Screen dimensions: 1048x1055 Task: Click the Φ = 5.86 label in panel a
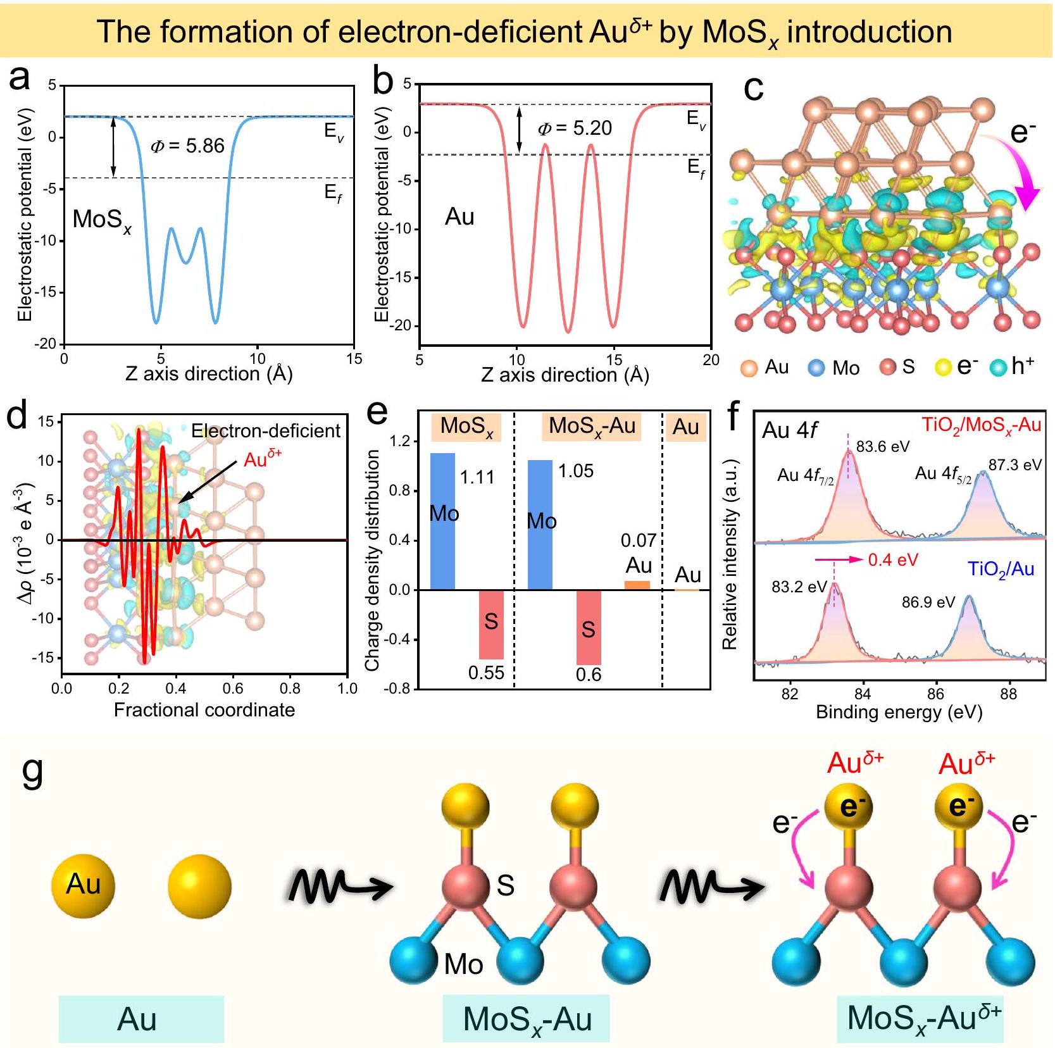pyautogui.click(x=187, y=146)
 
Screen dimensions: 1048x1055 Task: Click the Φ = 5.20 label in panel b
pyautogui.click(x=575, y=128)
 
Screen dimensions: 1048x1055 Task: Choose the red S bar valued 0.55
pyautogui.click(x=491, y=625)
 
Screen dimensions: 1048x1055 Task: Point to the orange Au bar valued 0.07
pyautogui.click(x=637, y=585)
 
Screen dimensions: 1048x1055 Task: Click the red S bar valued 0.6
pyautogui.click(x=589, y=627)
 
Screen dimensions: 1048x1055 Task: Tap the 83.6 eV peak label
pyautogui.click(x=882, y=447)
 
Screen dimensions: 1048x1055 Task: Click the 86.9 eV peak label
pyautogui.click(x=928, y=602)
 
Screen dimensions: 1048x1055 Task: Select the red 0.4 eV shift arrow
pyautogui.click(x=839, y=560)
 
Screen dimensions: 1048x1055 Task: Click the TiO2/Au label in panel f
pyautogui.click(x=1001, y=569)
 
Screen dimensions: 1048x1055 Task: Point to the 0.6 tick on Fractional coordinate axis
pyautogui.click(x=233, y=688)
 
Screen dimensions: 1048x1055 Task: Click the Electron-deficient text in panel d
pyautogui.click(x=266, y=431)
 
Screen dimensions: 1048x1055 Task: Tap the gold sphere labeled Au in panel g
pyautogui.click(x=84, y=885)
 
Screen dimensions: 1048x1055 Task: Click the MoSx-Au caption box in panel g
pyautogui.click(x=526, y=1018)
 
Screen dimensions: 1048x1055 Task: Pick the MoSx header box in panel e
pyautogui.click(x=466, y=427)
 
